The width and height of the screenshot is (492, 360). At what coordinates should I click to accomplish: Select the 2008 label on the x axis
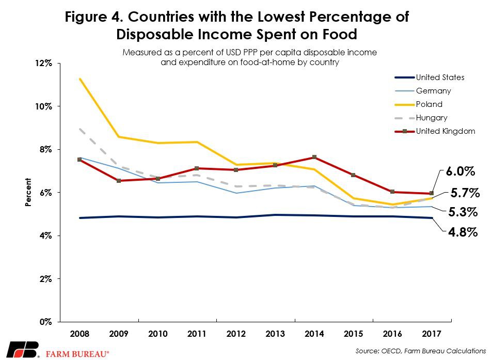tap(79, 334)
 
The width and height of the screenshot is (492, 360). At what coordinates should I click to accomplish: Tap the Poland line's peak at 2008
tap(80, 79)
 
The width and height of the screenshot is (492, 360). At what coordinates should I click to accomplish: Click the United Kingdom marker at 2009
tap(118, 181)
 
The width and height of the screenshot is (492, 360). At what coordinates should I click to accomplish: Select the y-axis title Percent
tap(28, 193)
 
